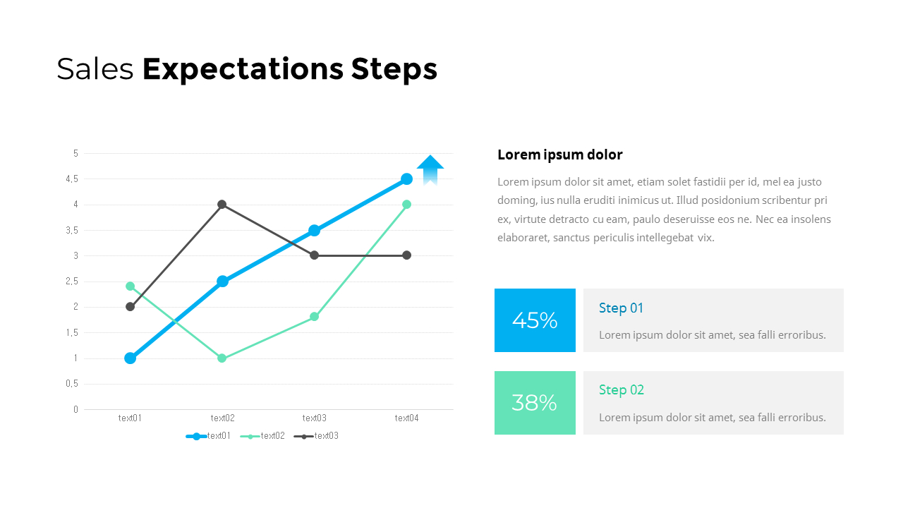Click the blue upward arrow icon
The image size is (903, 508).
[x=430, y=170]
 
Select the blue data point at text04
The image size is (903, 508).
[x=406, y=179]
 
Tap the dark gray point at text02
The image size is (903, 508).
[x=222, y=205]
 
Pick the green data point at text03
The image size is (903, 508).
[x=315, y=317]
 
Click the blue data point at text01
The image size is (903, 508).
[x=130, y=358]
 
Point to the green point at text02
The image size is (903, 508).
[x=222, y=358]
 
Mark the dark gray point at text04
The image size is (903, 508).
[x=406, y=255]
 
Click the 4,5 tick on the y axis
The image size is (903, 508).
[x=72, y=179]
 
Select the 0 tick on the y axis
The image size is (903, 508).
[x=75, y=409]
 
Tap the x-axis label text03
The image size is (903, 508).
[x=315, y=418]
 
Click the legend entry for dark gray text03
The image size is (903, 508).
[x=317, y=436]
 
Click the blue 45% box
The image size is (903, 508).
[x=535, y=320]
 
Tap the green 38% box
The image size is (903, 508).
[x=535, y=403]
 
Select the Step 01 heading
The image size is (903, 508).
[x=621, y=308]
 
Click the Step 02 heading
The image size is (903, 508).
[x=622, y=390]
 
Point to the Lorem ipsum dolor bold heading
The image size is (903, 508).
[x=560, y=155]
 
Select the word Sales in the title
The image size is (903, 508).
[x=95, y=70]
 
